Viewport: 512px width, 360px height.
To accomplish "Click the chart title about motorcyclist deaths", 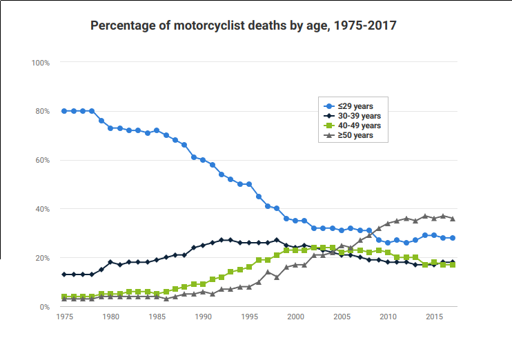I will click(x=243, y=26).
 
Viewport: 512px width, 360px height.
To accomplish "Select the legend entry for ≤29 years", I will click(x=355, y=106).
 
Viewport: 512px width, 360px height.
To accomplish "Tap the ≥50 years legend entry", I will click(x=355, y=135).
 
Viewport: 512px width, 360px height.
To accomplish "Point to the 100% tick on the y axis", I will click(x=41, y=63).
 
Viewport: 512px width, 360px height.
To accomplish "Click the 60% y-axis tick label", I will click(x=42, y=160).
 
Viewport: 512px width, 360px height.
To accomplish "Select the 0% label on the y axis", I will click(x=44, y=307).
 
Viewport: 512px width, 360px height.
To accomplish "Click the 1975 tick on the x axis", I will click(x=64, y=317).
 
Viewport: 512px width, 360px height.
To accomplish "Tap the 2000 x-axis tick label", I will click(x=295, y=317).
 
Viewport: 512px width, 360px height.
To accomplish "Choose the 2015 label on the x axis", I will click(x=434, y=317).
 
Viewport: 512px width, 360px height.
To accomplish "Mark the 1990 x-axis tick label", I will click(x=203, y=317).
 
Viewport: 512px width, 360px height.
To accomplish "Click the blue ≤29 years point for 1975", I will click(x=64, y=111).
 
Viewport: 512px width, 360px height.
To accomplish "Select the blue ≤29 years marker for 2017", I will click(x=452, y=238).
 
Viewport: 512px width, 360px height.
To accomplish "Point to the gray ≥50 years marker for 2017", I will click(x=452, y=219).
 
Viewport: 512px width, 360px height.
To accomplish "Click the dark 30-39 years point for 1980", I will click(x=110, y=263).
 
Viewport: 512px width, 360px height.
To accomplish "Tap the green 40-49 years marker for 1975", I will click(x=64, y=297).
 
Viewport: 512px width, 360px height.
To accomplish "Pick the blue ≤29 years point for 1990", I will click(x=203, y=160).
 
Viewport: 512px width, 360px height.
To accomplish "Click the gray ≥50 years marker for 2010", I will click(x=388, y=223).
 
